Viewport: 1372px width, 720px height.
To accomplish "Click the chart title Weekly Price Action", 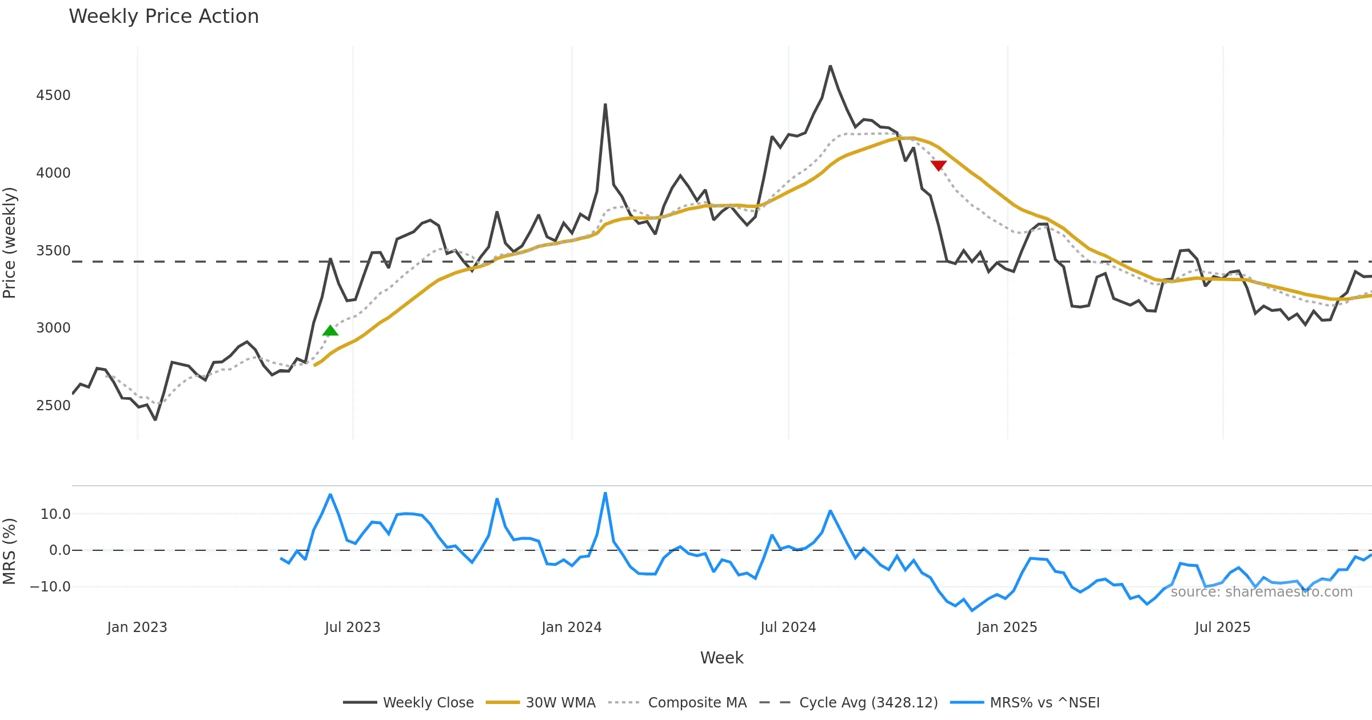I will [163, 17].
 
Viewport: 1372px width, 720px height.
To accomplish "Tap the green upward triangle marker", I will [330, 331].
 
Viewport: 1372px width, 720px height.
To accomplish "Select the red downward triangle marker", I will [938, 165].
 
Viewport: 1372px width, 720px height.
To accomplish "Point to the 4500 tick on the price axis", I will [53, 95].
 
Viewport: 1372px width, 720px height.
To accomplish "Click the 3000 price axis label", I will [53, 328].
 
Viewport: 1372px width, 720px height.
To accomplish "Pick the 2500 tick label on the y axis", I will [53, 406].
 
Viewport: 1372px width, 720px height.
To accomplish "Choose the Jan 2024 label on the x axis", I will [572, 627].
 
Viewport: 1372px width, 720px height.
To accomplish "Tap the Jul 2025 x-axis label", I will [1222, 627].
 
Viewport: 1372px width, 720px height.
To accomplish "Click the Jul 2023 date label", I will [353, 627].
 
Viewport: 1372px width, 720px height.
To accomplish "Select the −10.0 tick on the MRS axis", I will [50, 587].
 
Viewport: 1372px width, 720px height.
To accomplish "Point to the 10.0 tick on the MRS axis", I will [55, 514].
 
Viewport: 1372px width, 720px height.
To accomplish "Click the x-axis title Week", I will [721, 658].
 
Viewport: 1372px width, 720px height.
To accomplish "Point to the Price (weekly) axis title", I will [10, 243].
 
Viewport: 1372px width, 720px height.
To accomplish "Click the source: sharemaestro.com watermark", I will [1261, 592].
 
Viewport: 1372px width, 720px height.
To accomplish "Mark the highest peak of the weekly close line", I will [830, 66].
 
